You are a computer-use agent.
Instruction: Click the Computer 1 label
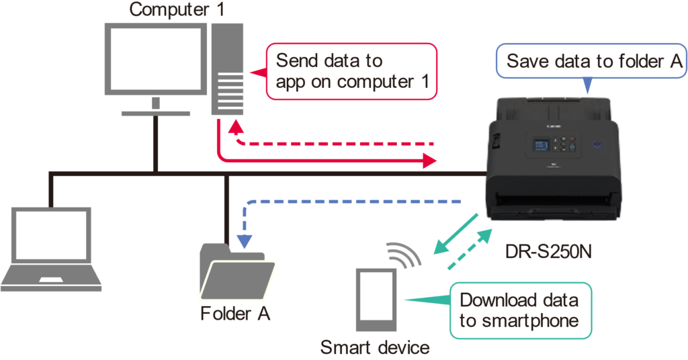[x=177, y=10]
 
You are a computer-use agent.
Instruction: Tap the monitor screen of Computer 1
[x=155, y=59]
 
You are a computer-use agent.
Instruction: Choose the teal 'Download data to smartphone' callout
[x=519, y=310]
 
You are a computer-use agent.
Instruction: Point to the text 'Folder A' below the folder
[x=235, y=314]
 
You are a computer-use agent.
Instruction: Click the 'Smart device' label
[x=374, y=347]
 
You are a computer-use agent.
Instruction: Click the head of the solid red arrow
[x=430, y=160]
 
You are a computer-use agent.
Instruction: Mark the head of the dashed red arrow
[x=234, y=128]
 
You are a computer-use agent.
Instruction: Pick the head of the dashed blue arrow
[x=246, y=239]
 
